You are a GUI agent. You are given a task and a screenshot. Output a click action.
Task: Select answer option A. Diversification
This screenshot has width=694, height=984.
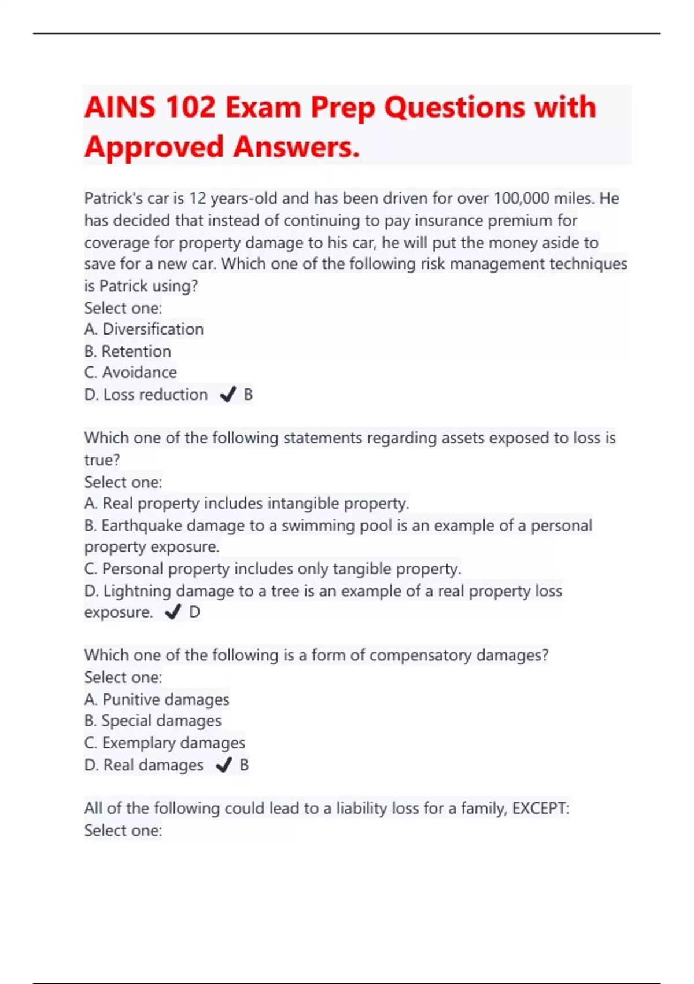tap(144, 329)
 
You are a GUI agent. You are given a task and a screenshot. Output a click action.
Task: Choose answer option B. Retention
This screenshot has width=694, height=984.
tap(128, 351)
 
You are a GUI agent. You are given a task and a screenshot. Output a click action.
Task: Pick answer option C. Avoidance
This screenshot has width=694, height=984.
tap(131, 373)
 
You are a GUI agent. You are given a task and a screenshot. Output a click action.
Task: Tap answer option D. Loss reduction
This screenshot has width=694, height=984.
tap(146, 395)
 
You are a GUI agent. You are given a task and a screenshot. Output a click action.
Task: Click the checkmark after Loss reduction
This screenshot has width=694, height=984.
tap(228, 395)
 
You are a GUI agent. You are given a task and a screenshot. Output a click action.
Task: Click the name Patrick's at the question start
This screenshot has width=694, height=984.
tap(113, 199)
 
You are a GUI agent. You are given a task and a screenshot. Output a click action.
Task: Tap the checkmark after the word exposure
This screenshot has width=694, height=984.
tap(173, 612)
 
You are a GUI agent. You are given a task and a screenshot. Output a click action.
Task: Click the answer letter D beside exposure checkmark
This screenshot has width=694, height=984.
tap(195, 612)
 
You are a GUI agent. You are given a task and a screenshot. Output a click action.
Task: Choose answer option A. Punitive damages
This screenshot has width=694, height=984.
tap(157, 700)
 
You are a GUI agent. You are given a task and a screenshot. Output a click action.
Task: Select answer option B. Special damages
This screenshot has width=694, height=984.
tap(153, 721)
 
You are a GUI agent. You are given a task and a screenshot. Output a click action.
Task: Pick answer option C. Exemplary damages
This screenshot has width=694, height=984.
tap(165, 743)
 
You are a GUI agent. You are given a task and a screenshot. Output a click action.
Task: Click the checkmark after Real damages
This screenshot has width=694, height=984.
tap(224, 765)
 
